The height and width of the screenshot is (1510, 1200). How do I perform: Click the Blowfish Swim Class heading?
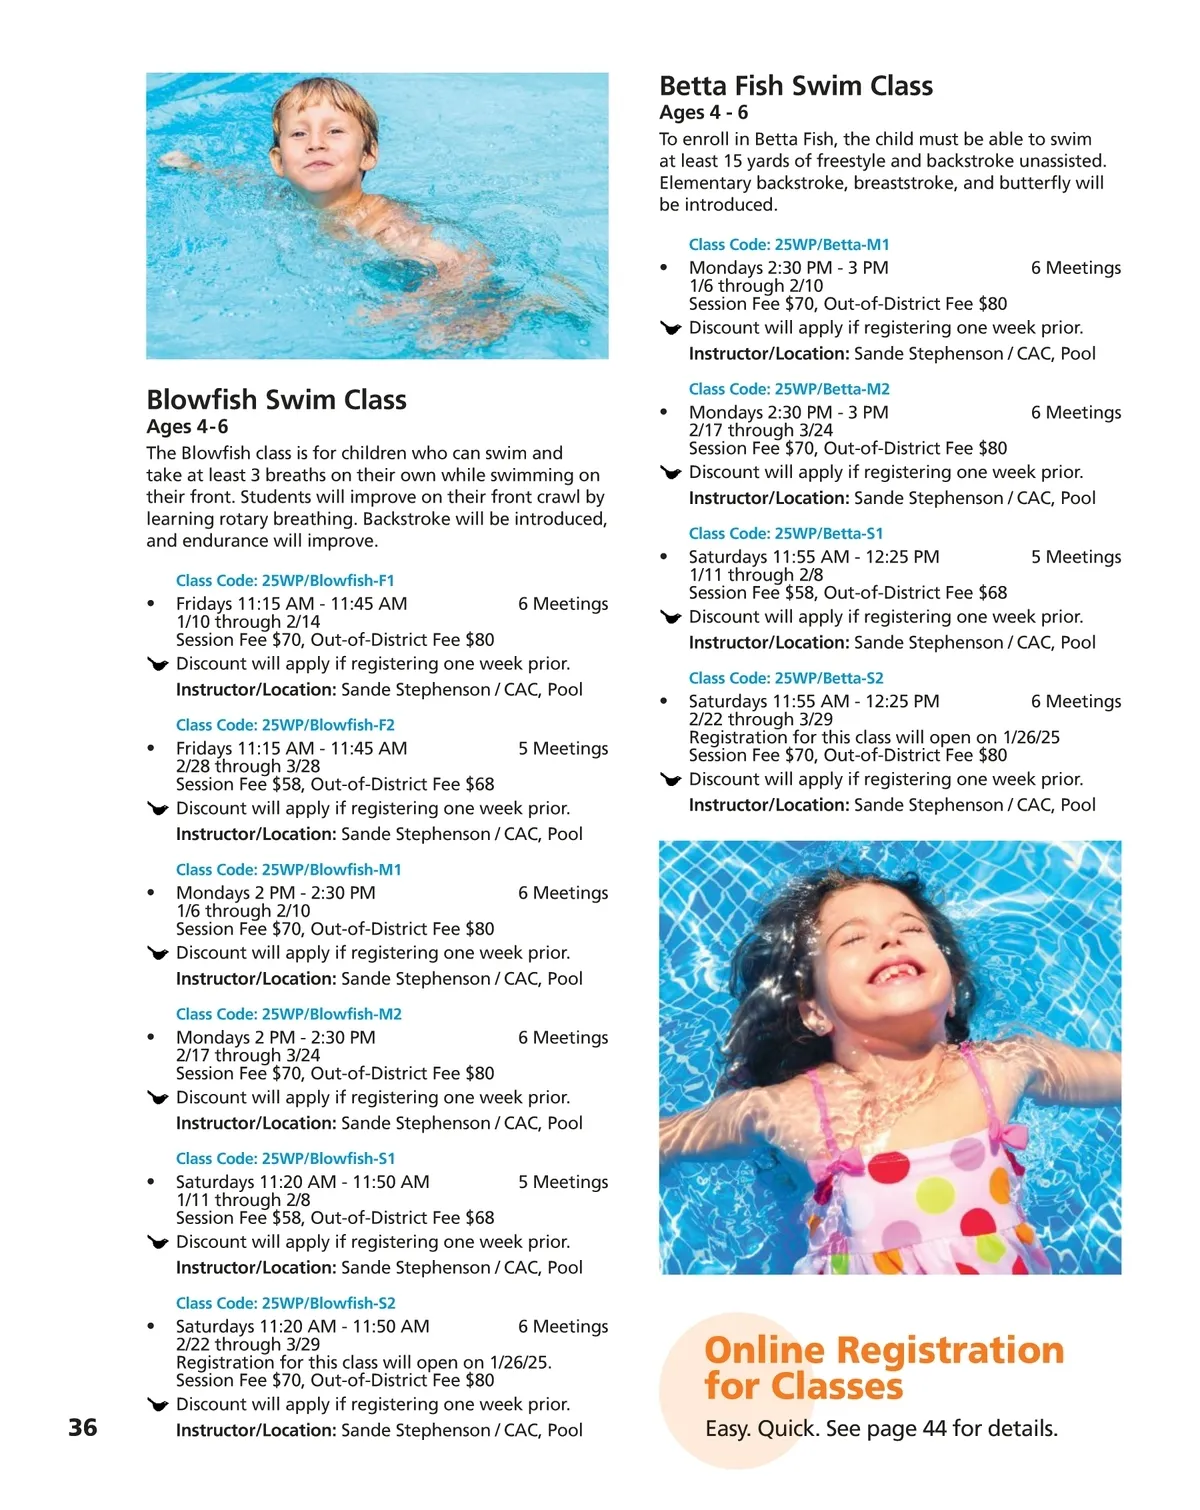pyautogui.click(x=276, y=400)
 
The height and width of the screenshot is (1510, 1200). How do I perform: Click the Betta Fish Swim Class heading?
pyautogui.click(x=796, y=86)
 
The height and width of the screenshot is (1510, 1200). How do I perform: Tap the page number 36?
pyautogui.click(x=83, y=1427)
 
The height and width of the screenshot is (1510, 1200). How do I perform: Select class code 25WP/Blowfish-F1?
pyautogui.click(x=285, y=580)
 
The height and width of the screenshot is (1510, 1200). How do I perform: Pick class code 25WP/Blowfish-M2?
pyautogui.click(x=289, y=1014)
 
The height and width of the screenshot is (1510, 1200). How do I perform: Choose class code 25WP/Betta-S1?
pyautogui.click(x=786, y=533)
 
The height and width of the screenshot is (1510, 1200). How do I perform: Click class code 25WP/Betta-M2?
pyautogui.click(x=789, y=389)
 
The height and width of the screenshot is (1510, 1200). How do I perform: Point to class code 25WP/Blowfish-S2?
pyautogui.click(x=286, y=1303)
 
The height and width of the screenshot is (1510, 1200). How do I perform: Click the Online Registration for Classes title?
pyautogui.click(x=883, y=1368)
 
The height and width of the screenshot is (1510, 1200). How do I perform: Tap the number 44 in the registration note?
pyautogui.click(x=934, y=1428)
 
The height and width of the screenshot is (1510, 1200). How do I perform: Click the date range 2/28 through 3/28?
pyautogui.click(x=248, y=766)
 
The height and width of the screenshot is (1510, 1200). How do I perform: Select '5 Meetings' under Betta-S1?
pyautogui.click(x=1076, y=557)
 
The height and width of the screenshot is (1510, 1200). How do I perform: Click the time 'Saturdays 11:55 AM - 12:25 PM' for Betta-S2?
pyautogui.click(x=814, y=701)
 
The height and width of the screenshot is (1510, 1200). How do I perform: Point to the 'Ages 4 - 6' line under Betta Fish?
pyautogui.click(x=703, y=113)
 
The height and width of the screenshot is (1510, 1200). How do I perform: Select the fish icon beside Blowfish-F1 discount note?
pyautogui.click(x=157, y=664)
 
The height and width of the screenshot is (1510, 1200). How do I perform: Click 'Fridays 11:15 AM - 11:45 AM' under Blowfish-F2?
pyautogui.click(x=291, y=748)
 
